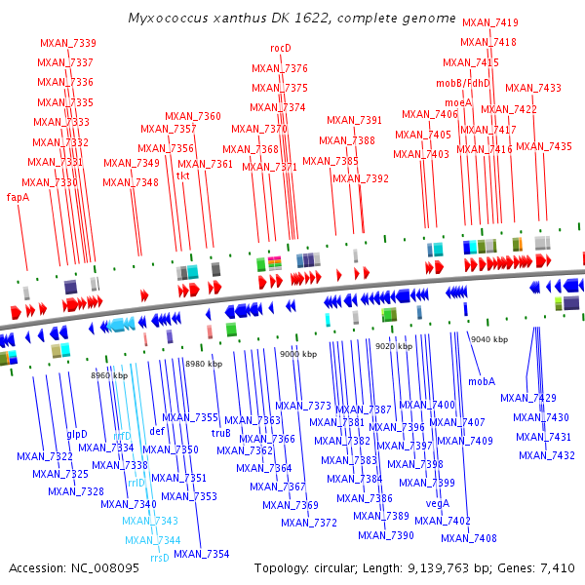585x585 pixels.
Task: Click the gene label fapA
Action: tap(18, 196)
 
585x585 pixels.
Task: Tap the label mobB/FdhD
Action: tap(463, 83)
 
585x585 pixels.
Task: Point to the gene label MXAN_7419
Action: tap(489, 22)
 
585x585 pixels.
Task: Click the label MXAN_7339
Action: tap(67, 43)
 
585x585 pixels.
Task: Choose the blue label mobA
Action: tap(482, 381)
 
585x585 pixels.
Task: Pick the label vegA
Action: tap(438, 503)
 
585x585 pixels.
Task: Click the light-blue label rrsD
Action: tap(160, 558)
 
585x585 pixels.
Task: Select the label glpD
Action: tap(77, 434)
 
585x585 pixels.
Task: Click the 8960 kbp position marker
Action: tap(109, 375)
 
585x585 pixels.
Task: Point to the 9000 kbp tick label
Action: tap(298, 354)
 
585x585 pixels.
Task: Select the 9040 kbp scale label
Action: tap(488, 339)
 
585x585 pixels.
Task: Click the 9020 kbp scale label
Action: tap(394, 346)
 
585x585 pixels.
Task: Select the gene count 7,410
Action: tap(558, 567)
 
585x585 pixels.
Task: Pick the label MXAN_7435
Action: tap(543, 146)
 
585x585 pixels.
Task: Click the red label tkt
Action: tap(182, 176)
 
